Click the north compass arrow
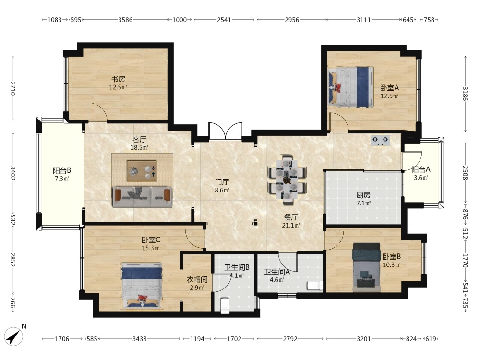click(x=14, y=336)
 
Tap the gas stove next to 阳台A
click(x=380, y=141)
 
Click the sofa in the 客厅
click(x=142, y=197)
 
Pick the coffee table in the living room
click(x=142, y=171)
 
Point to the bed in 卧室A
click(x=351, y=87)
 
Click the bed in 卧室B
click(x=366, y=267)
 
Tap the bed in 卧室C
click(x=142, y=285)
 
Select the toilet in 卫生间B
click(x=225, y=305)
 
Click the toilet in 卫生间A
click(x=315, y=286)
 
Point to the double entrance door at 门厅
click(x=225, y=131)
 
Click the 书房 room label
click(x=118, y=79)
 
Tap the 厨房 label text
click(x=363, y=195)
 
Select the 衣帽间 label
click(x=197, y=279)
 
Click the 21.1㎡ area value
click(x=291, y=226)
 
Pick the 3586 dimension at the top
click(x=125, y=20)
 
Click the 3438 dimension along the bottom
click(x=140, y=339)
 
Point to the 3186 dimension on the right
click(x=465, y=94)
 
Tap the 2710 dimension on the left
click(x=13, y=88)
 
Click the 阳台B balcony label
click(x=62, y=170)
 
